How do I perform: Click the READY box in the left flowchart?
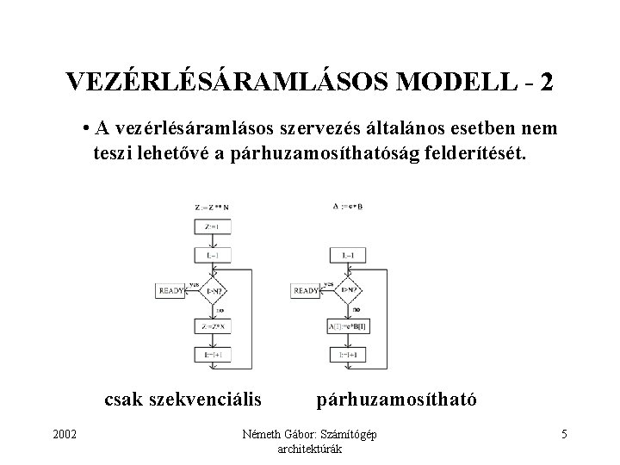171,291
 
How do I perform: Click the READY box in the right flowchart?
307,291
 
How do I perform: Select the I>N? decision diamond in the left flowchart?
214,291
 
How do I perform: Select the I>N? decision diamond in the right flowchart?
349,291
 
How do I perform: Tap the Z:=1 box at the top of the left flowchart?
214,226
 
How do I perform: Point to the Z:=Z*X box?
214,327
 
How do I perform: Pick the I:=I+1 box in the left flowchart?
214,354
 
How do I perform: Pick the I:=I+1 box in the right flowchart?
349,354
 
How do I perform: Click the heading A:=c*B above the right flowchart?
348,207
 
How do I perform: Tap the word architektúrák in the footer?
311,449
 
